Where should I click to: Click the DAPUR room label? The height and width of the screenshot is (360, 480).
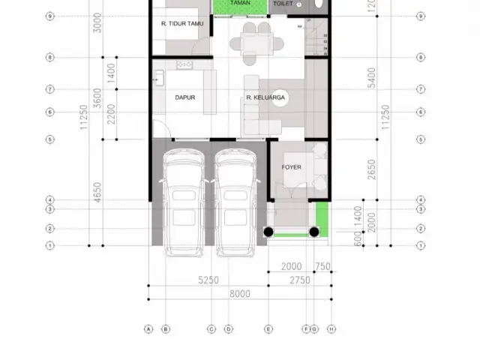point(180,97)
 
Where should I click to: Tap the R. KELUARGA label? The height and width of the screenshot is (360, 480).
point(262,97)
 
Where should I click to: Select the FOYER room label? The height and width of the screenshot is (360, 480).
point(292,166)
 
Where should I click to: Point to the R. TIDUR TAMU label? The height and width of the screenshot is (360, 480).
point(182,24)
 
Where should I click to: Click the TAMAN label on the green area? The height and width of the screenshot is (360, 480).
point(240,3)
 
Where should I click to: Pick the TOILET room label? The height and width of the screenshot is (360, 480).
point(283,4)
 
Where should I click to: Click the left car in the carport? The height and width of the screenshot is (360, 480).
point(183,201)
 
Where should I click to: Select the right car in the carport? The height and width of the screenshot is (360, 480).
point(235,201)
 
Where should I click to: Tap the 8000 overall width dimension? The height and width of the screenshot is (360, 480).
point(239,294)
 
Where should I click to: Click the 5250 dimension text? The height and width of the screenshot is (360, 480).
point(208,280)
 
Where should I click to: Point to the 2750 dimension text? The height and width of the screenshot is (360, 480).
point(299,280)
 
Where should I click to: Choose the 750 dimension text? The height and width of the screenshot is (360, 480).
point(322,266)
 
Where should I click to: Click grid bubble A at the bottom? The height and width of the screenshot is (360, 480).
point(148,328)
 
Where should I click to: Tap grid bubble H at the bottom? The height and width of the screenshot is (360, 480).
point(331,328)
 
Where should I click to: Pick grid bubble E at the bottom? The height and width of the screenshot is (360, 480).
point(268,328)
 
